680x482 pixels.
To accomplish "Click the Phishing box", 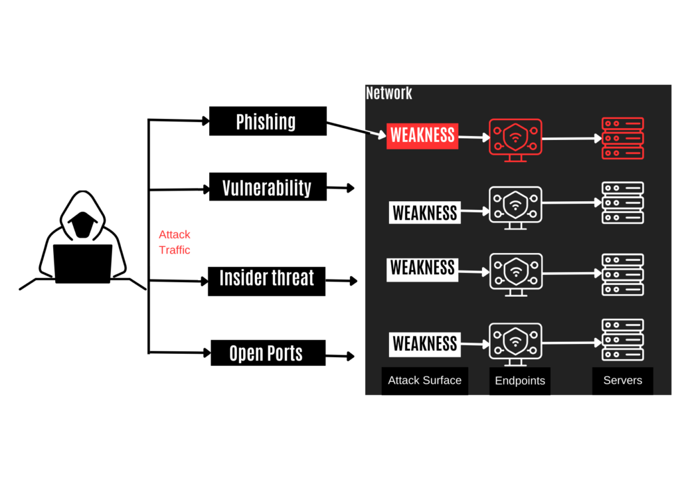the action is click(x=268, y=121).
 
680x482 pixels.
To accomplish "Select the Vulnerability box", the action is click(x=268, y=187).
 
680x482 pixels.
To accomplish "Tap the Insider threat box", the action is click(x=267, y=281).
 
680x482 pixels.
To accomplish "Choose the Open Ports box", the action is click(x=268, y=353).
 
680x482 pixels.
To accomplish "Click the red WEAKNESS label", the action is click(x=422, y=135).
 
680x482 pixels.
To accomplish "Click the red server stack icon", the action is click(x=623, y=138).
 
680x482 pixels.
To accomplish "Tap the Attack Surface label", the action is click(x=424, y=380).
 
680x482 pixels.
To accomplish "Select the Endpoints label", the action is click(x=520, y=381).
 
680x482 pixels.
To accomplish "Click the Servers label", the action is click(x=623, y=380).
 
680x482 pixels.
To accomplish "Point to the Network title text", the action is click(x=388, y=93).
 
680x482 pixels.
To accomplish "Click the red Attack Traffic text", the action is click(x=175, y=242).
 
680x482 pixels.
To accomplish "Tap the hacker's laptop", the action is click(x=82, y=264).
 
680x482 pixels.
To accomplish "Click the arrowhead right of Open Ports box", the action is click(x=351, y=357).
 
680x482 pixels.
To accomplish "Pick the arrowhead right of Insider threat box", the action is click(x=353, y=281).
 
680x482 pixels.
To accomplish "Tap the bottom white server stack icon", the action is click(x=623, y=340).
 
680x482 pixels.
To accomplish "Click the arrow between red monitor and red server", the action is click(x=572, y=139).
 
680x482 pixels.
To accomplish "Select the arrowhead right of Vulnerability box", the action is click(x=351, y=188).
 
